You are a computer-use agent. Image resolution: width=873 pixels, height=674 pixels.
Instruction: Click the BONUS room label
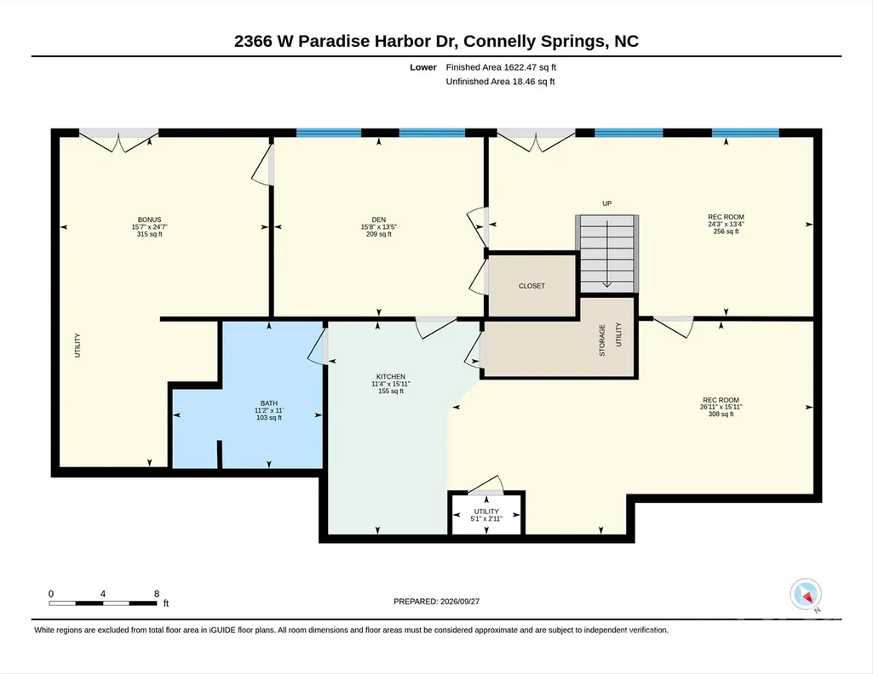150,220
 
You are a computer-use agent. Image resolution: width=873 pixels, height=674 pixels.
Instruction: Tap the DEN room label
379,220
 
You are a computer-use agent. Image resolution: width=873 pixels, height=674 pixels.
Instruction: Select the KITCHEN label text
391,376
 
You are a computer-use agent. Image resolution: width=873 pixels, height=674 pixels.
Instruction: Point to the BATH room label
269,403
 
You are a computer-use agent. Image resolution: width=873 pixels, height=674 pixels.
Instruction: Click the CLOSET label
531,286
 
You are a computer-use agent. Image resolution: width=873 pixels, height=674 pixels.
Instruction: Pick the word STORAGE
602,340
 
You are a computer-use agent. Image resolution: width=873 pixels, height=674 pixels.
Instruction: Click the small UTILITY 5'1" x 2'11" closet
486,513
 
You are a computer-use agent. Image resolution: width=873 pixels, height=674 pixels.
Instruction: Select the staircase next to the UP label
607,254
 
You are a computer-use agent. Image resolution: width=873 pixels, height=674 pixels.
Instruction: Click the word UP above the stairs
607,203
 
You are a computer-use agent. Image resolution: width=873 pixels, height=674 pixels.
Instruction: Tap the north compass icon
806,595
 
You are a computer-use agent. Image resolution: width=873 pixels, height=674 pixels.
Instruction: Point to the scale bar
103,603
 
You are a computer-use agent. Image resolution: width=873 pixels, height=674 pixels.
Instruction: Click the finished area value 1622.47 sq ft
530,67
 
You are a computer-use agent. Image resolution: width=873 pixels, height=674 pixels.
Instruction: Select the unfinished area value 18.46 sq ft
533,82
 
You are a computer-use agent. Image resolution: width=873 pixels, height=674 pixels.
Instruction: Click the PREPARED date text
436,601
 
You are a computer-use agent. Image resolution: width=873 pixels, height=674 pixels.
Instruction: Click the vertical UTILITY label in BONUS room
78,346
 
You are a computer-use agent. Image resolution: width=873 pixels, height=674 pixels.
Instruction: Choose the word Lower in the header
423,67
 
